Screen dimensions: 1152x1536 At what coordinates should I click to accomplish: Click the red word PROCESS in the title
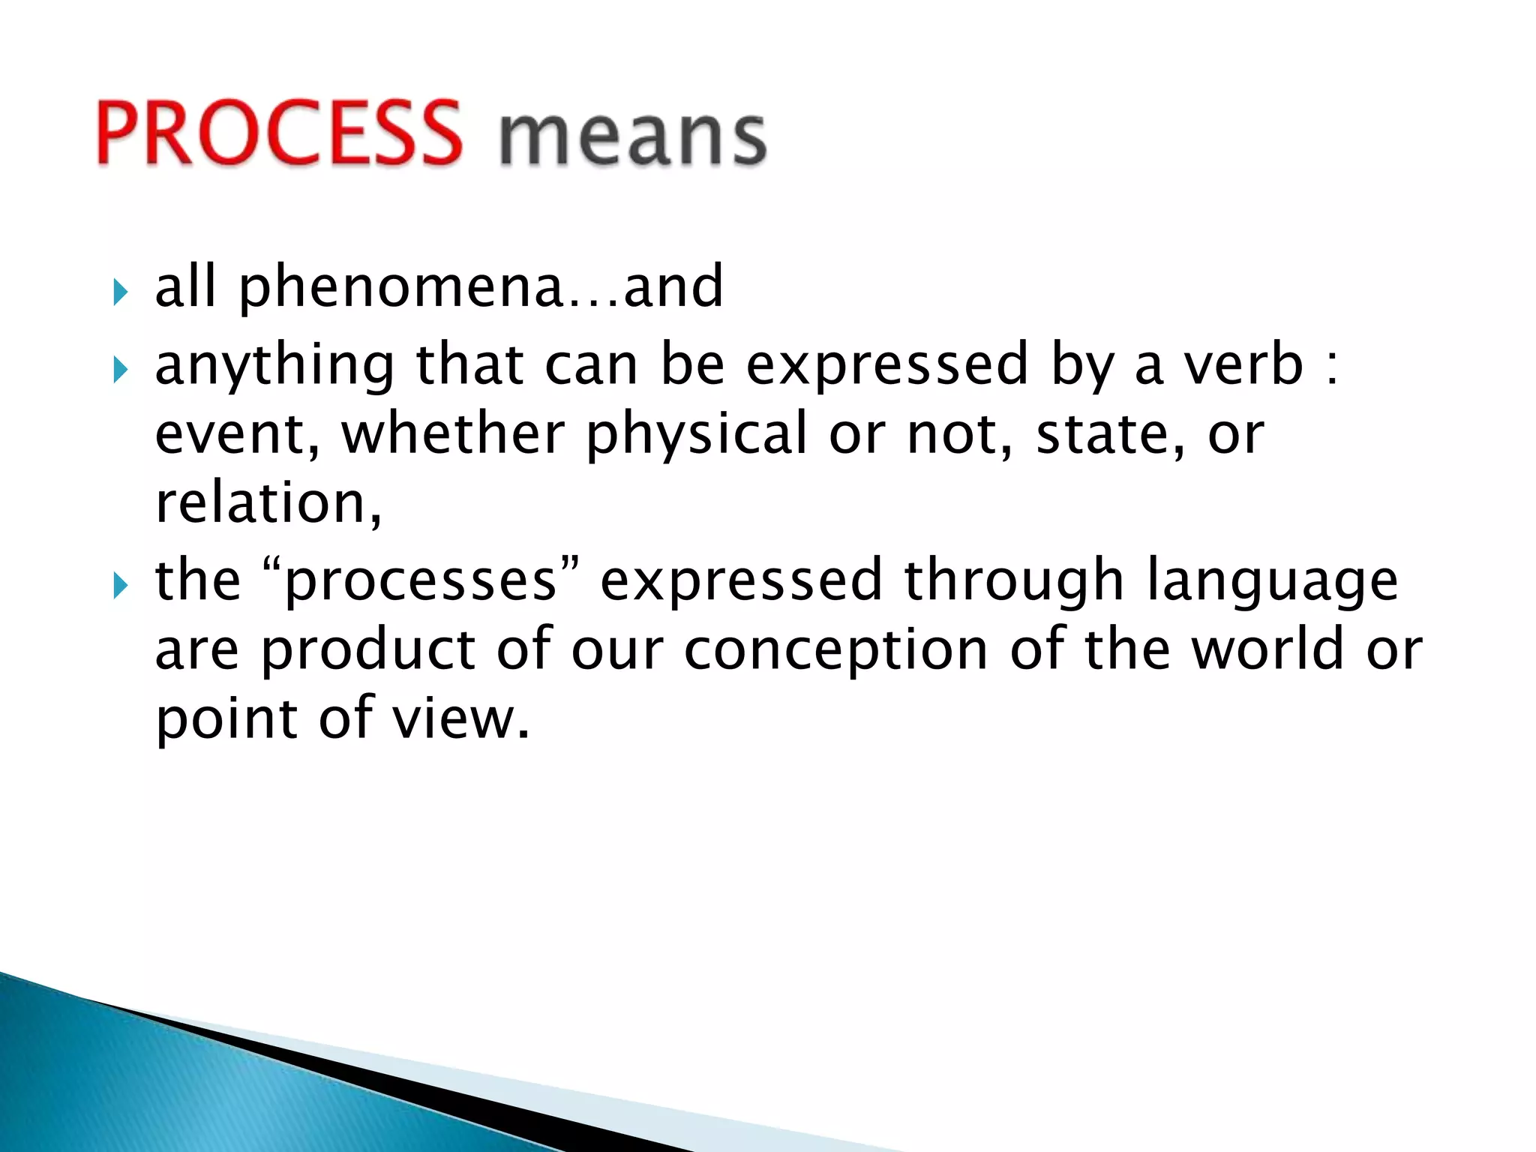coord(279,133)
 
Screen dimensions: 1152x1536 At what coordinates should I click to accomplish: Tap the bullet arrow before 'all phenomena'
coord(121,292)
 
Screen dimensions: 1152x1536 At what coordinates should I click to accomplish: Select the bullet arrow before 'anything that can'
coord(121,370)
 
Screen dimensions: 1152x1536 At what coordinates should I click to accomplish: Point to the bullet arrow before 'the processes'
coord(121,585)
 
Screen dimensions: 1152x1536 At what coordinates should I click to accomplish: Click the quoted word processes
coord(421,582)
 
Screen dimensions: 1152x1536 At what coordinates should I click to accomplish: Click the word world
coord(1267,649)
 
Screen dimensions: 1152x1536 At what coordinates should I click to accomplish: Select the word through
coord(1013,582)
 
